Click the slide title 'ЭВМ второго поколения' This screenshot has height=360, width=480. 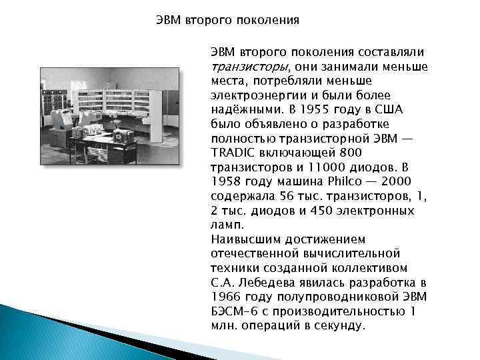(x=227, y=20)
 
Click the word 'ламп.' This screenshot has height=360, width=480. (x=225, y=225)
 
